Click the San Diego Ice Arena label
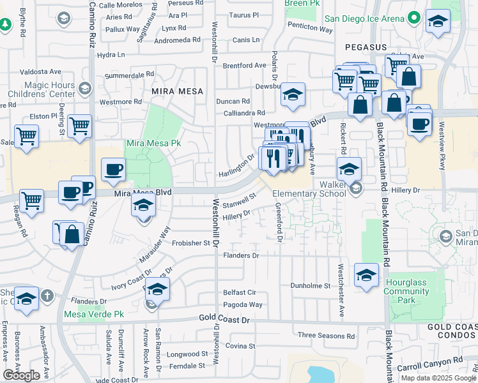pyautogui.click(x=364, y=19)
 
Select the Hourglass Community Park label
pyautogui.click(x=406, y=291)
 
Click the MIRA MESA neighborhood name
pyautogui.click(x=177, y=91)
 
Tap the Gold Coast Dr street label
pyautogui.click(x=228, y=318)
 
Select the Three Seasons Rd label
pyautogui.click(x=326, y=336)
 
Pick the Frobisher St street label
pyautogui.click(x=189, y=243)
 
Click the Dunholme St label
pyautogui.click(x=313, y=285)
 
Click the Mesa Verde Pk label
pyautogui.click(x=93, y=314)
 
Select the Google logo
pyautogui.click(x=22, y=375)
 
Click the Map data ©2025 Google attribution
pyautogui.click(x=438, y=377)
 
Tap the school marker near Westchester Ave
pyautogui.click(x=366, y=276)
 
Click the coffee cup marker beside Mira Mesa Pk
pyautogui.click(x=113, y=169)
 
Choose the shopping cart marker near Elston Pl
pyautogui.click(x=79, y=126)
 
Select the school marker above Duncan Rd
pyautogui.click(x=293, y=95)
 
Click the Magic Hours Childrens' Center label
pyautogui.click(x=50, y=89)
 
